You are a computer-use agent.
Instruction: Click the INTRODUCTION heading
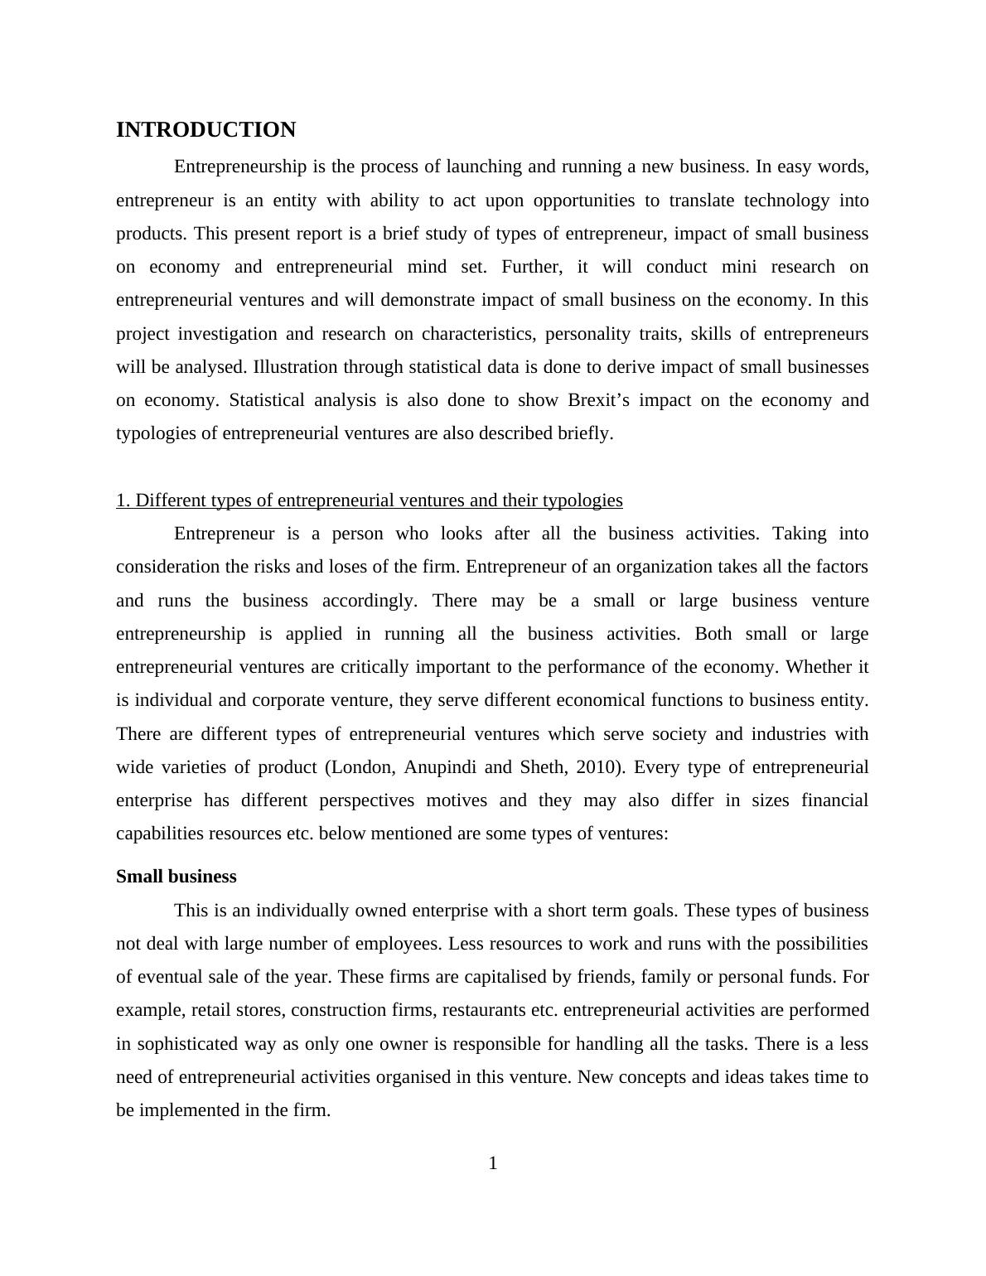[205, 130]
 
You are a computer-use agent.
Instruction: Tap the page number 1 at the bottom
[493, 1163]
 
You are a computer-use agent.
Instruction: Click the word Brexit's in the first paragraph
[598, 400]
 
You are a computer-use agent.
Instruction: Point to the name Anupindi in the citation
[440, 767]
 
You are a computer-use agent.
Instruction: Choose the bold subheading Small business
[176, 877]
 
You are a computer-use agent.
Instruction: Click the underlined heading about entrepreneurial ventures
[369, 500]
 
